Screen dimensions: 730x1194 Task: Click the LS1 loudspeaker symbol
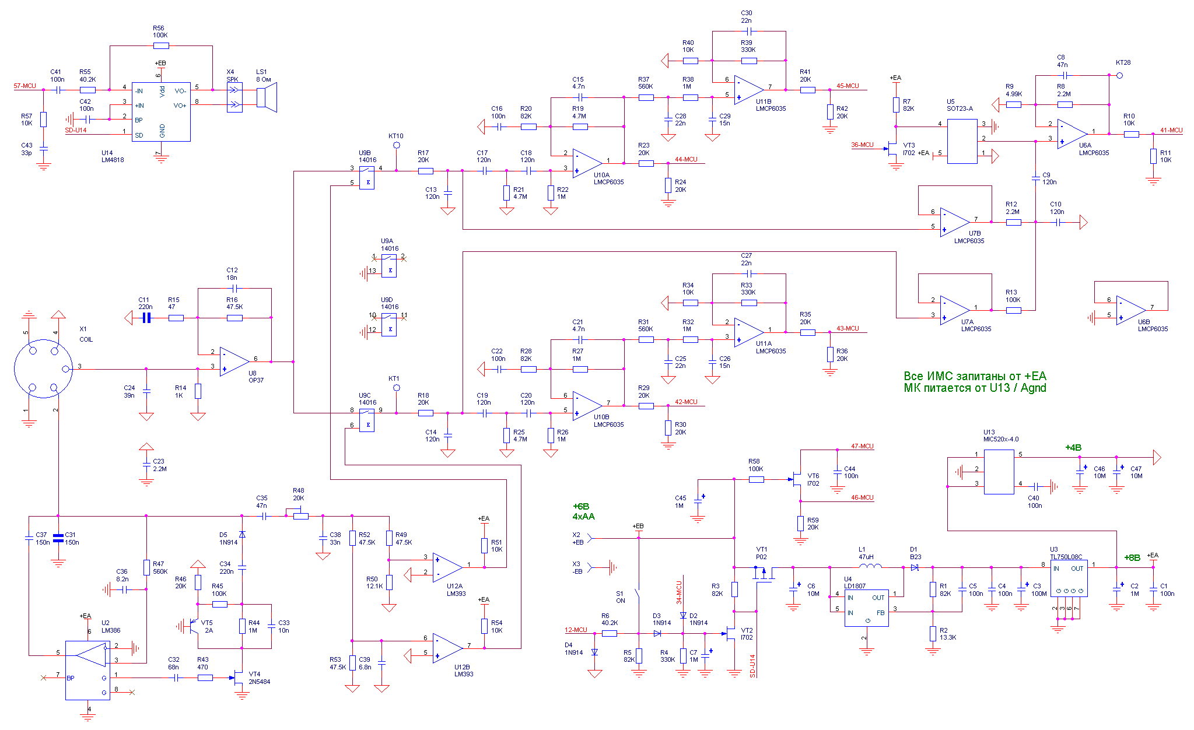[x=267, y=97]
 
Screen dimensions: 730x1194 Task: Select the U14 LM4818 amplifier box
[x=161, y=111]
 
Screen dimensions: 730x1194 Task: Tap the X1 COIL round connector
[x=43, y=368]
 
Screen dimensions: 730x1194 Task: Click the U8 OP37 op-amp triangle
[x=234, y=362]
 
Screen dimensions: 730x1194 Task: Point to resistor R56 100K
[x=161, y=45]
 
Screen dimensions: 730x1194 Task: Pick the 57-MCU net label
[x=25, y=86]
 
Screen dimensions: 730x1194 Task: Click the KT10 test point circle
[x=397, y=145]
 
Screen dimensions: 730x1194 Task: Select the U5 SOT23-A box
[x=962, y=141]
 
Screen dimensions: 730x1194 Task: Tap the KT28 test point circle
[x=1119, y=75]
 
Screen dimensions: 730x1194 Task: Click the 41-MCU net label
[x=1171, y=131]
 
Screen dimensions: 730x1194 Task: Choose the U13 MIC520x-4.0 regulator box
[x=999, y=472]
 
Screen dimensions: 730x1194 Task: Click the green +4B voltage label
[x=1073, y=448]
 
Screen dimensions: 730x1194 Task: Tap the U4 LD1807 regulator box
[x=866, y=608]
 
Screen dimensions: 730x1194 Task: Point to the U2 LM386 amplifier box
[x=87, y=670]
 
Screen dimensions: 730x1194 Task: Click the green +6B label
[x=581, y=506]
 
